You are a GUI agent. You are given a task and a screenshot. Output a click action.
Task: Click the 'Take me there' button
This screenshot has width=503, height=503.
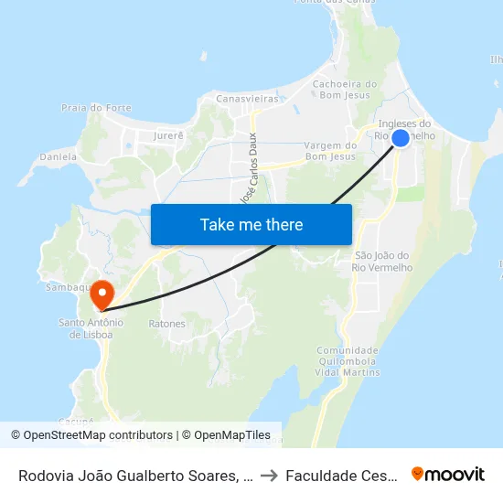click(251, 224)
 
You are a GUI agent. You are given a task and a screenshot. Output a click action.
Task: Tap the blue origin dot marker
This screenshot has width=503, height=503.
click(401, 138)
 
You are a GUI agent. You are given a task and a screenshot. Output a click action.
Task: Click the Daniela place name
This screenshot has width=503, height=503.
click(59, 157)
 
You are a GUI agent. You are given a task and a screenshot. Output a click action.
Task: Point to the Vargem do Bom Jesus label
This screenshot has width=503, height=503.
click(329, 151)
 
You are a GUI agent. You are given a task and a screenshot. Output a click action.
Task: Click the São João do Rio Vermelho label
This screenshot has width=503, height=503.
click(383, 261)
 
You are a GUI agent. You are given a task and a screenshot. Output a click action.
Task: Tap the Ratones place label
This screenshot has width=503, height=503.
click(166, 324)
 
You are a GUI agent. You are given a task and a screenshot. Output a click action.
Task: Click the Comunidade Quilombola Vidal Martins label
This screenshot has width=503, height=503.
click(347, 362)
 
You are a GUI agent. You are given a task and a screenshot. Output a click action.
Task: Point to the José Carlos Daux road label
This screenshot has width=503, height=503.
click(248, 169)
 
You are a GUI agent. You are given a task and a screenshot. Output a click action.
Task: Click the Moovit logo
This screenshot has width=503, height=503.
click(448, 474)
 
